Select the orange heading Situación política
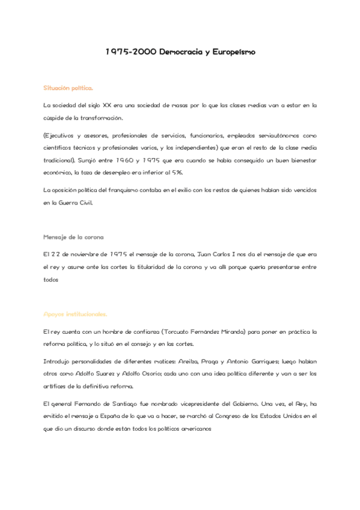coord(68,88)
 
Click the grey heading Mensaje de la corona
coord(73,236)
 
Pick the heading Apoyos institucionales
coord(75,314)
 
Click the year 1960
coord(129,161)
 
